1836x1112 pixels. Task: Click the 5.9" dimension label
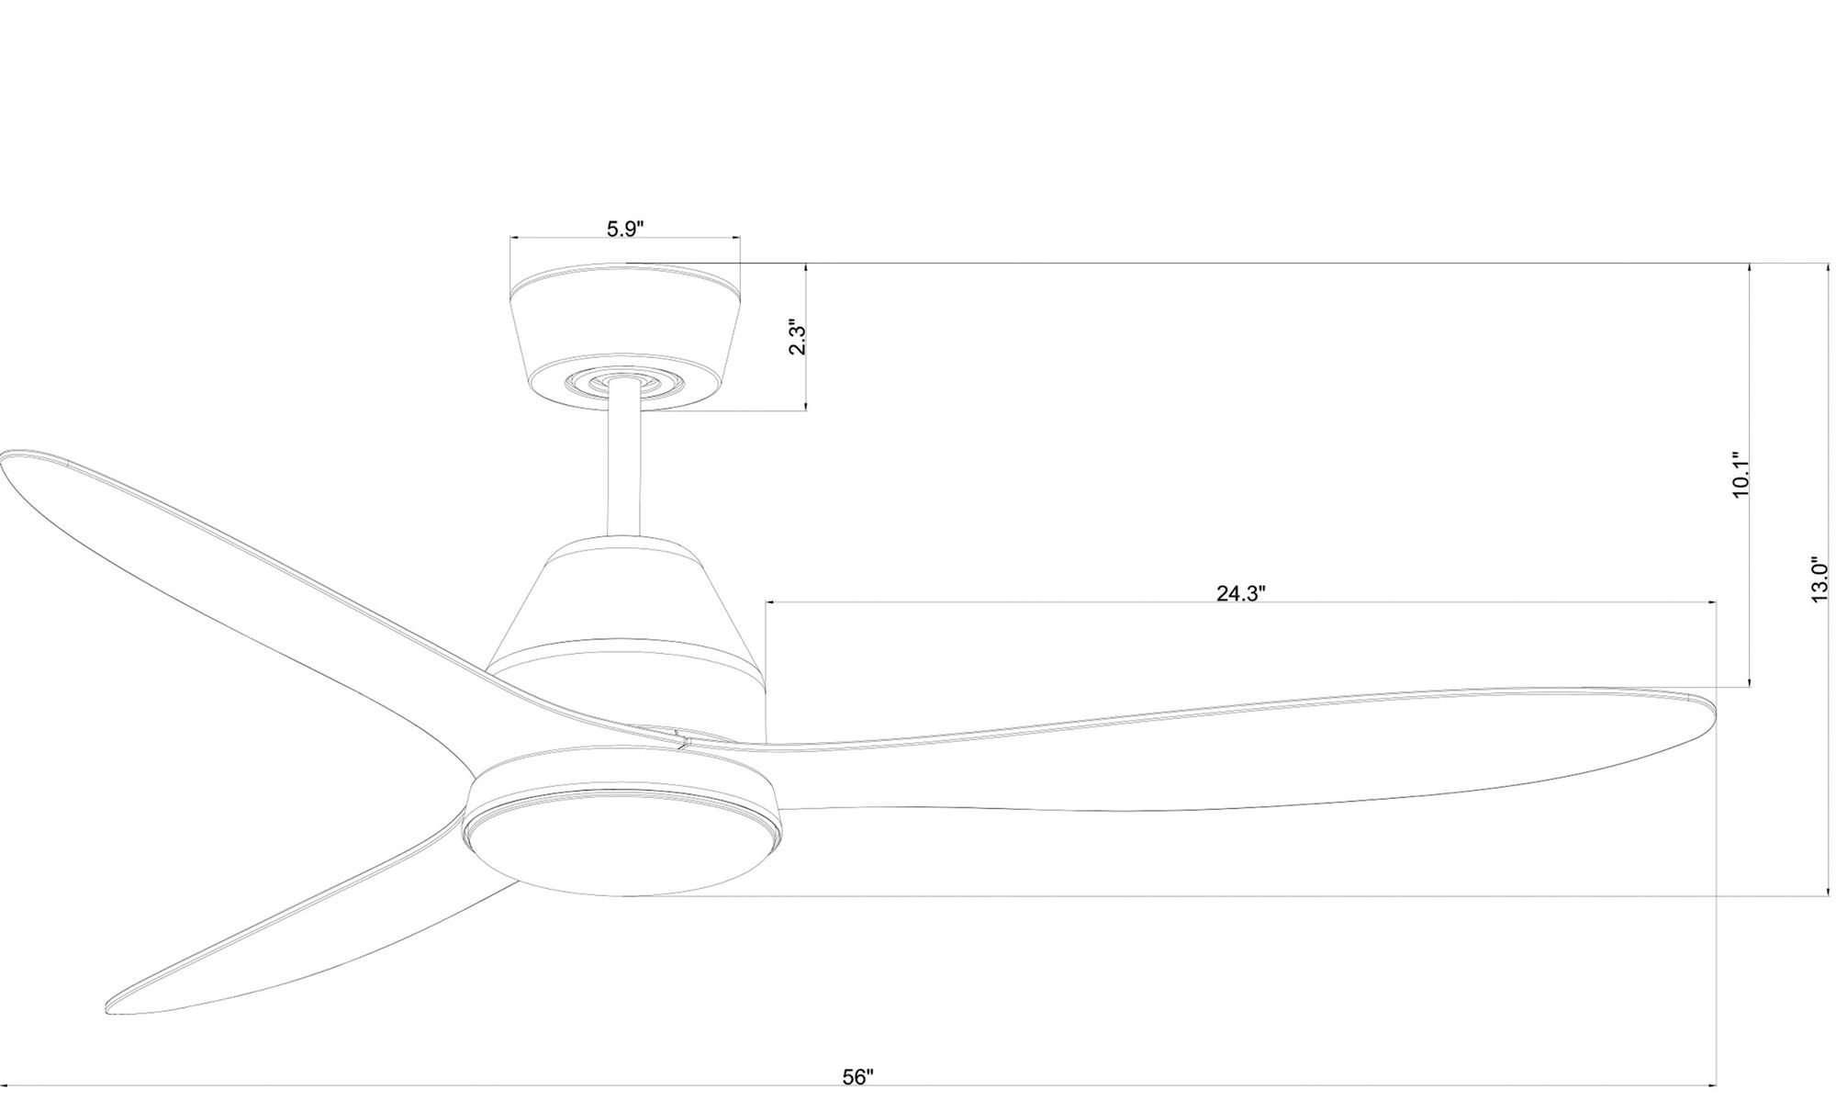click(x=625, y=229)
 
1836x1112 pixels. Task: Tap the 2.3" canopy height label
click(x=798, y=339)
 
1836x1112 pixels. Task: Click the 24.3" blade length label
click(x=1241, y=593)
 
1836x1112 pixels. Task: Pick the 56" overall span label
click(x=858, y=1077)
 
